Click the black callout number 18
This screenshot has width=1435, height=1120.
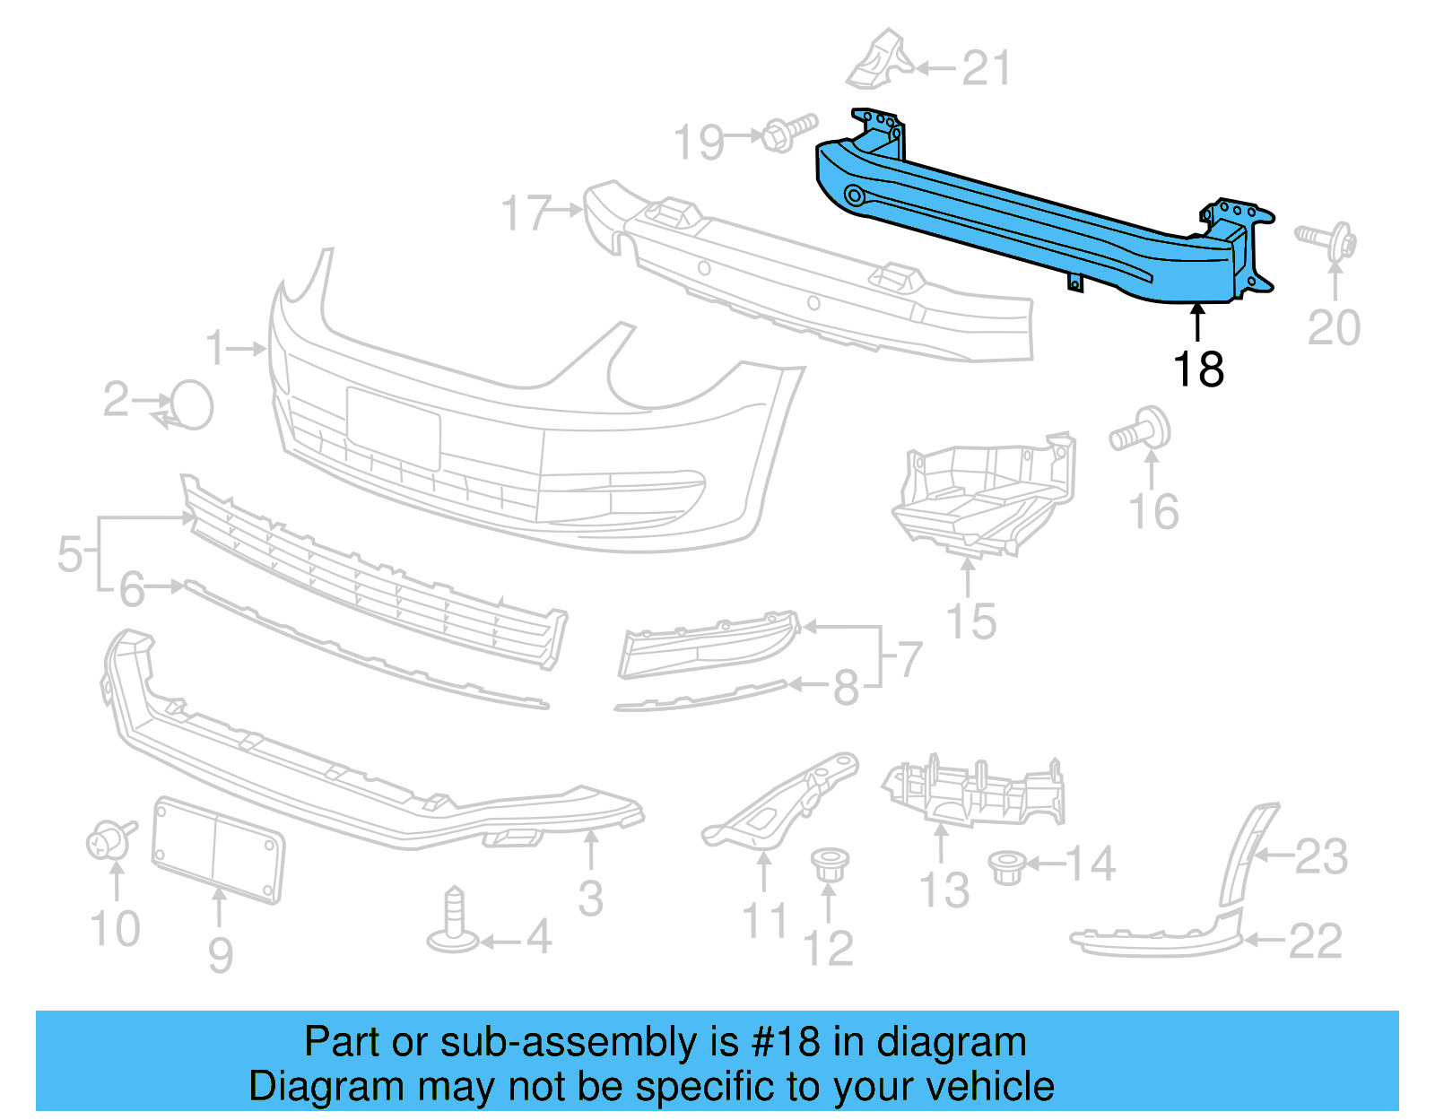(x=1198, y=369)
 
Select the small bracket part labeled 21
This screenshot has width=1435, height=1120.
(x=881, y=60)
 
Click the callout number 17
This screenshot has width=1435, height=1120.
(x=526, y=213)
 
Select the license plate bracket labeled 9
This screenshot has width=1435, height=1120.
(x=218, y=848)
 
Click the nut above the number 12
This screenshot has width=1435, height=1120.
(x=830, y=865)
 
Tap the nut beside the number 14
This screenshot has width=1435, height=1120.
(x=1006, y=867)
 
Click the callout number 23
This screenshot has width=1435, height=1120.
(x=1321, y=856)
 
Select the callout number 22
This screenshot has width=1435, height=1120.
(x=1315, y=941)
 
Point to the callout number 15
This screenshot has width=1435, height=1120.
(x=971, y=621)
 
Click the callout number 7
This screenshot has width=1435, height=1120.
(x=909, y=660)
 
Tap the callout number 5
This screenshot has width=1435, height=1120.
(x=70, y=554)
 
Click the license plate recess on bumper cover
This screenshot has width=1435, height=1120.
(x=394, y=428)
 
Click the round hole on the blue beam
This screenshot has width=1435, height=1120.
(x=853, y=195)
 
